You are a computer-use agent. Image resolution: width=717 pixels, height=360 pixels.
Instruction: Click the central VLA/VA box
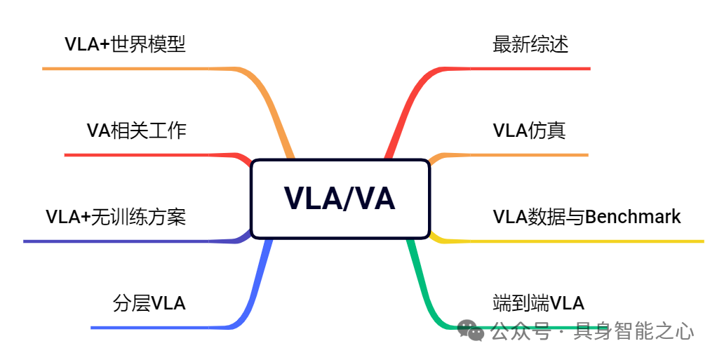point(340,199)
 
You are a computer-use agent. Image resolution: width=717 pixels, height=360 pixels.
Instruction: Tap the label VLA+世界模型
point(125,45)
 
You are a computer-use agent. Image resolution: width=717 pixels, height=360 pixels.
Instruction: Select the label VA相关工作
point(137,131)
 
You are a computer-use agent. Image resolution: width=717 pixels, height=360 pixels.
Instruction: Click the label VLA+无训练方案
point(116,217)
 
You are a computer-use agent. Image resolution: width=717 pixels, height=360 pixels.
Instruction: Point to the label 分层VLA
point(149,303)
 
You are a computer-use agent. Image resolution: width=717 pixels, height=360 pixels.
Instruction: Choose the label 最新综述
point(530,45)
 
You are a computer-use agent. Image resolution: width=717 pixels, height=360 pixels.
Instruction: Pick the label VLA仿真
point(529,131)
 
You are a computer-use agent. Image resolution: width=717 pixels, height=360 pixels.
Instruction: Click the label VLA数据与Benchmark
point(587,217)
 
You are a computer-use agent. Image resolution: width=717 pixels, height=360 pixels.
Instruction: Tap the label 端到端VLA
point(538,303)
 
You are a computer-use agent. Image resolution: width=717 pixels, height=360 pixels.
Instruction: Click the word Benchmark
point(633,217)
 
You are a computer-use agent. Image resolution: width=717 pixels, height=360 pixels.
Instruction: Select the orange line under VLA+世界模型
point(140,69)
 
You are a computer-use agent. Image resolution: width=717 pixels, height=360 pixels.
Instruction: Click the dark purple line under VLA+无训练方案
point(126,241)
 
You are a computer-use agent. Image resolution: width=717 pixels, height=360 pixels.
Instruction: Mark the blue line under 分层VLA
point(161,327)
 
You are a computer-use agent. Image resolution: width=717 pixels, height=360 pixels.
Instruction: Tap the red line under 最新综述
point(519,69)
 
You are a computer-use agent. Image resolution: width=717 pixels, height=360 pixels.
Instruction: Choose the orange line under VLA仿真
point(519,154)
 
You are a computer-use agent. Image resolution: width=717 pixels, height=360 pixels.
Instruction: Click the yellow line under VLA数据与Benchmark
point(575,241)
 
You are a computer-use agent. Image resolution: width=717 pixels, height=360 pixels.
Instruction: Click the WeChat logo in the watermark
point(471,330)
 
